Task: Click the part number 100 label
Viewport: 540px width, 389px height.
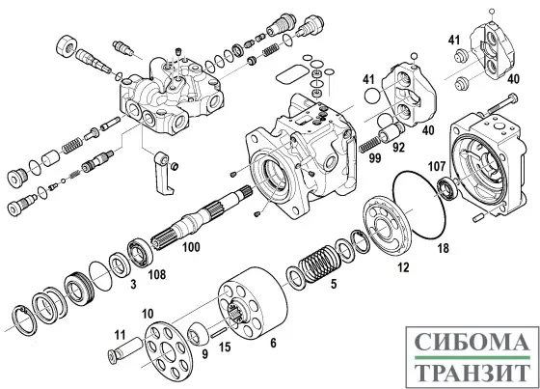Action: pyautogui.click(x=192, y=248)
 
